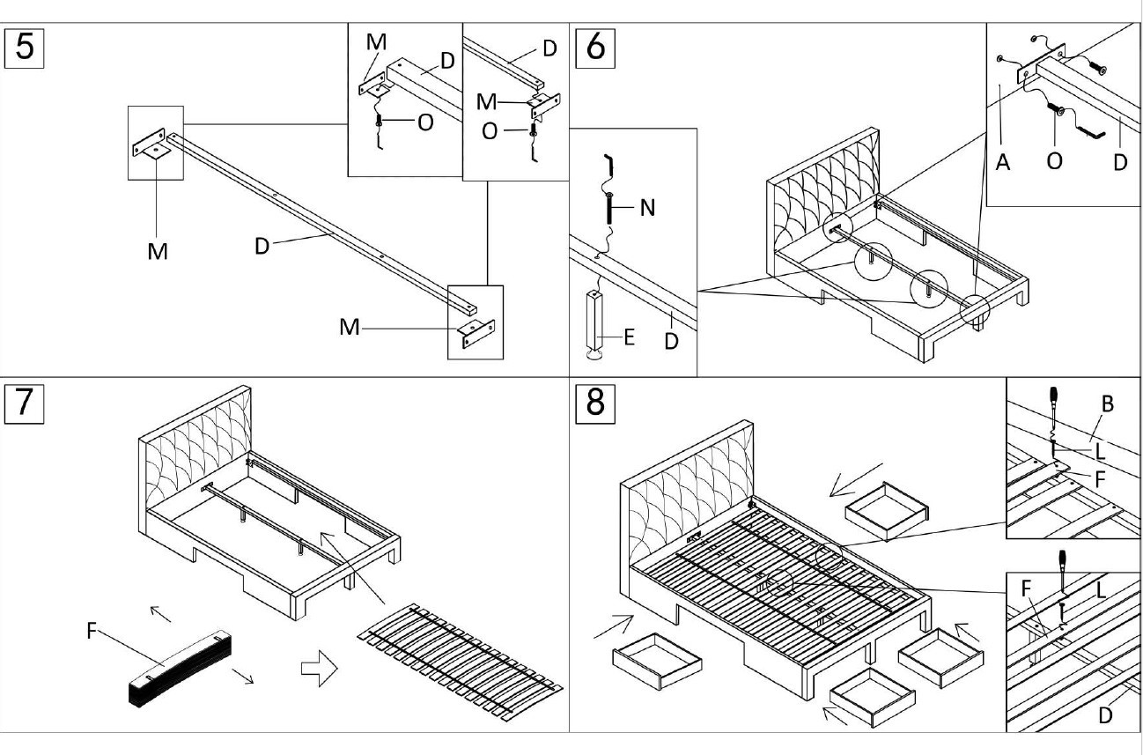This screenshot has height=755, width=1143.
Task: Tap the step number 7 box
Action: [x=25, y=403]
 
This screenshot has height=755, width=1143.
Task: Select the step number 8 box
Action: [x=595, y=403]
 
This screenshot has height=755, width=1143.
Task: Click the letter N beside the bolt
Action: [x=647, y=208]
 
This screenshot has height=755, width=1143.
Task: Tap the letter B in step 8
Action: [x=1107, y=403]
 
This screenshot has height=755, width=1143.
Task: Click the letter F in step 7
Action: [x=92, y=631]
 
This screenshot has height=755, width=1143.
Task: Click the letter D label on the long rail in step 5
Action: [x=262, y=246]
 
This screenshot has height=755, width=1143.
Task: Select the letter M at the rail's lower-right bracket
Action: [x=350, y=328]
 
